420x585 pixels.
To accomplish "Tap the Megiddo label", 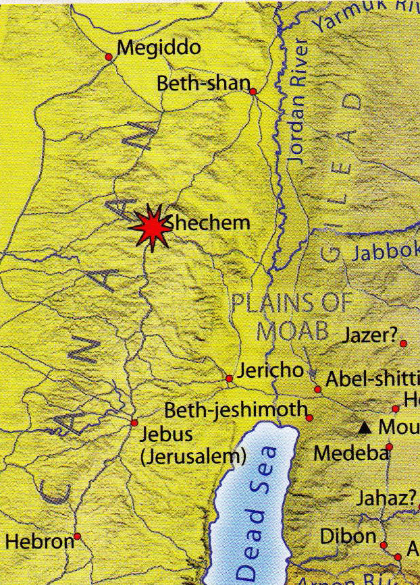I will tap(159, 48).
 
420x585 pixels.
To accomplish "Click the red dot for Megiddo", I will tap(109, 57).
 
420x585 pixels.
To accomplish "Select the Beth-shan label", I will tap(201, 84).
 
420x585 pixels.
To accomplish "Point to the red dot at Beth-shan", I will tap(253, 92).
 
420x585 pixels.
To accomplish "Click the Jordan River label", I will tap(298, 102).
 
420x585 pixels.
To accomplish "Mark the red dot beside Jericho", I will tap(230, 379).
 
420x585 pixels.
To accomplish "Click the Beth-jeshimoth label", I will tap(236, 410).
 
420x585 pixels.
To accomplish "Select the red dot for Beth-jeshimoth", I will tap(309, 418).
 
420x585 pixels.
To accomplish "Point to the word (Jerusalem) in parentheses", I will tap(192, 456).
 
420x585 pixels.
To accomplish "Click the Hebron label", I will tap(38, 541).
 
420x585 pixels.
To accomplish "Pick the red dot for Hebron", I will tap(78, 537).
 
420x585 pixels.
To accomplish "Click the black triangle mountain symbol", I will tap(365, 428).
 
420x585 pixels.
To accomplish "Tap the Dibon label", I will tap(347, 536).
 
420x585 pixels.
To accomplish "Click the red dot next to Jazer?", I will tap(403, 344).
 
